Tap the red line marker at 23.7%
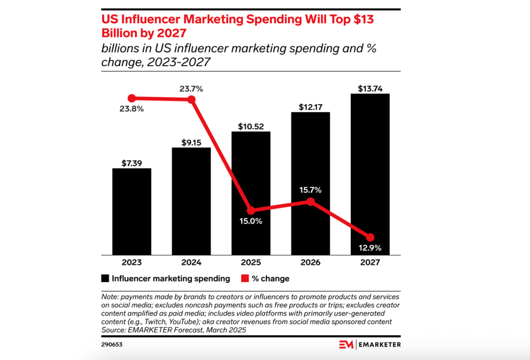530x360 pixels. tap(191, 99)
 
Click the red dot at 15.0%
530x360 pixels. tap(251, 211)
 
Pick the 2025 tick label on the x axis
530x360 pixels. tap(251, 263)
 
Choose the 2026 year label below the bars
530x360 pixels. tap(311, 263)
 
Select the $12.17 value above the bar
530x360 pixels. tap(311, 107)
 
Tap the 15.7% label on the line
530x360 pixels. tap(311, 190)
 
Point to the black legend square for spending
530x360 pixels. tap(105, 279)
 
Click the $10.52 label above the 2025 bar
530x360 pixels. tap(251, 126)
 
